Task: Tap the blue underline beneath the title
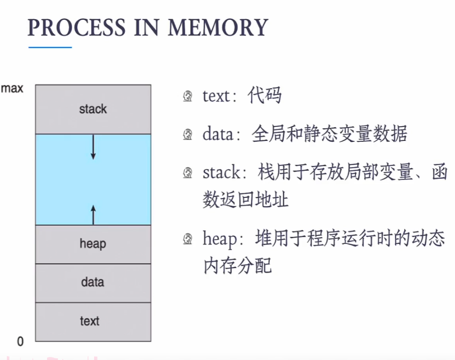(x=50, y=47)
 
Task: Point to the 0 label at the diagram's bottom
(x=20, y=341)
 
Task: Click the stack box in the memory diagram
(x=93, y=109)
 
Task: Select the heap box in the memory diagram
(x=93, y=244)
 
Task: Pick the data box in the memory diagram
(x=93, y=283)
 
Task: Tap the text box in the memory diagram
(x=93, y=321)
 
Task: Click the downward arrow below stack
(x=93, y=148)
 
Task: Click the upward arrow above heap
(x=93, y=214)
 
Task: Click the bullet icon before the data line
(x=187, y=135)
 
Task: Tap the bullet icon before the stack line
(x=187, y=173)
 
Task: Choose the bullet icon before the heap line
(x=187, y=238)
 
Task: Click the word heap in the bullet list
(x=219, y=238)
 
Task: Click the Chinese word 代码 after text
(x=265, y=96)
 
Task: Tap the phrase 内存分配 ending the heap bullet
(x=237, y=265)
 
